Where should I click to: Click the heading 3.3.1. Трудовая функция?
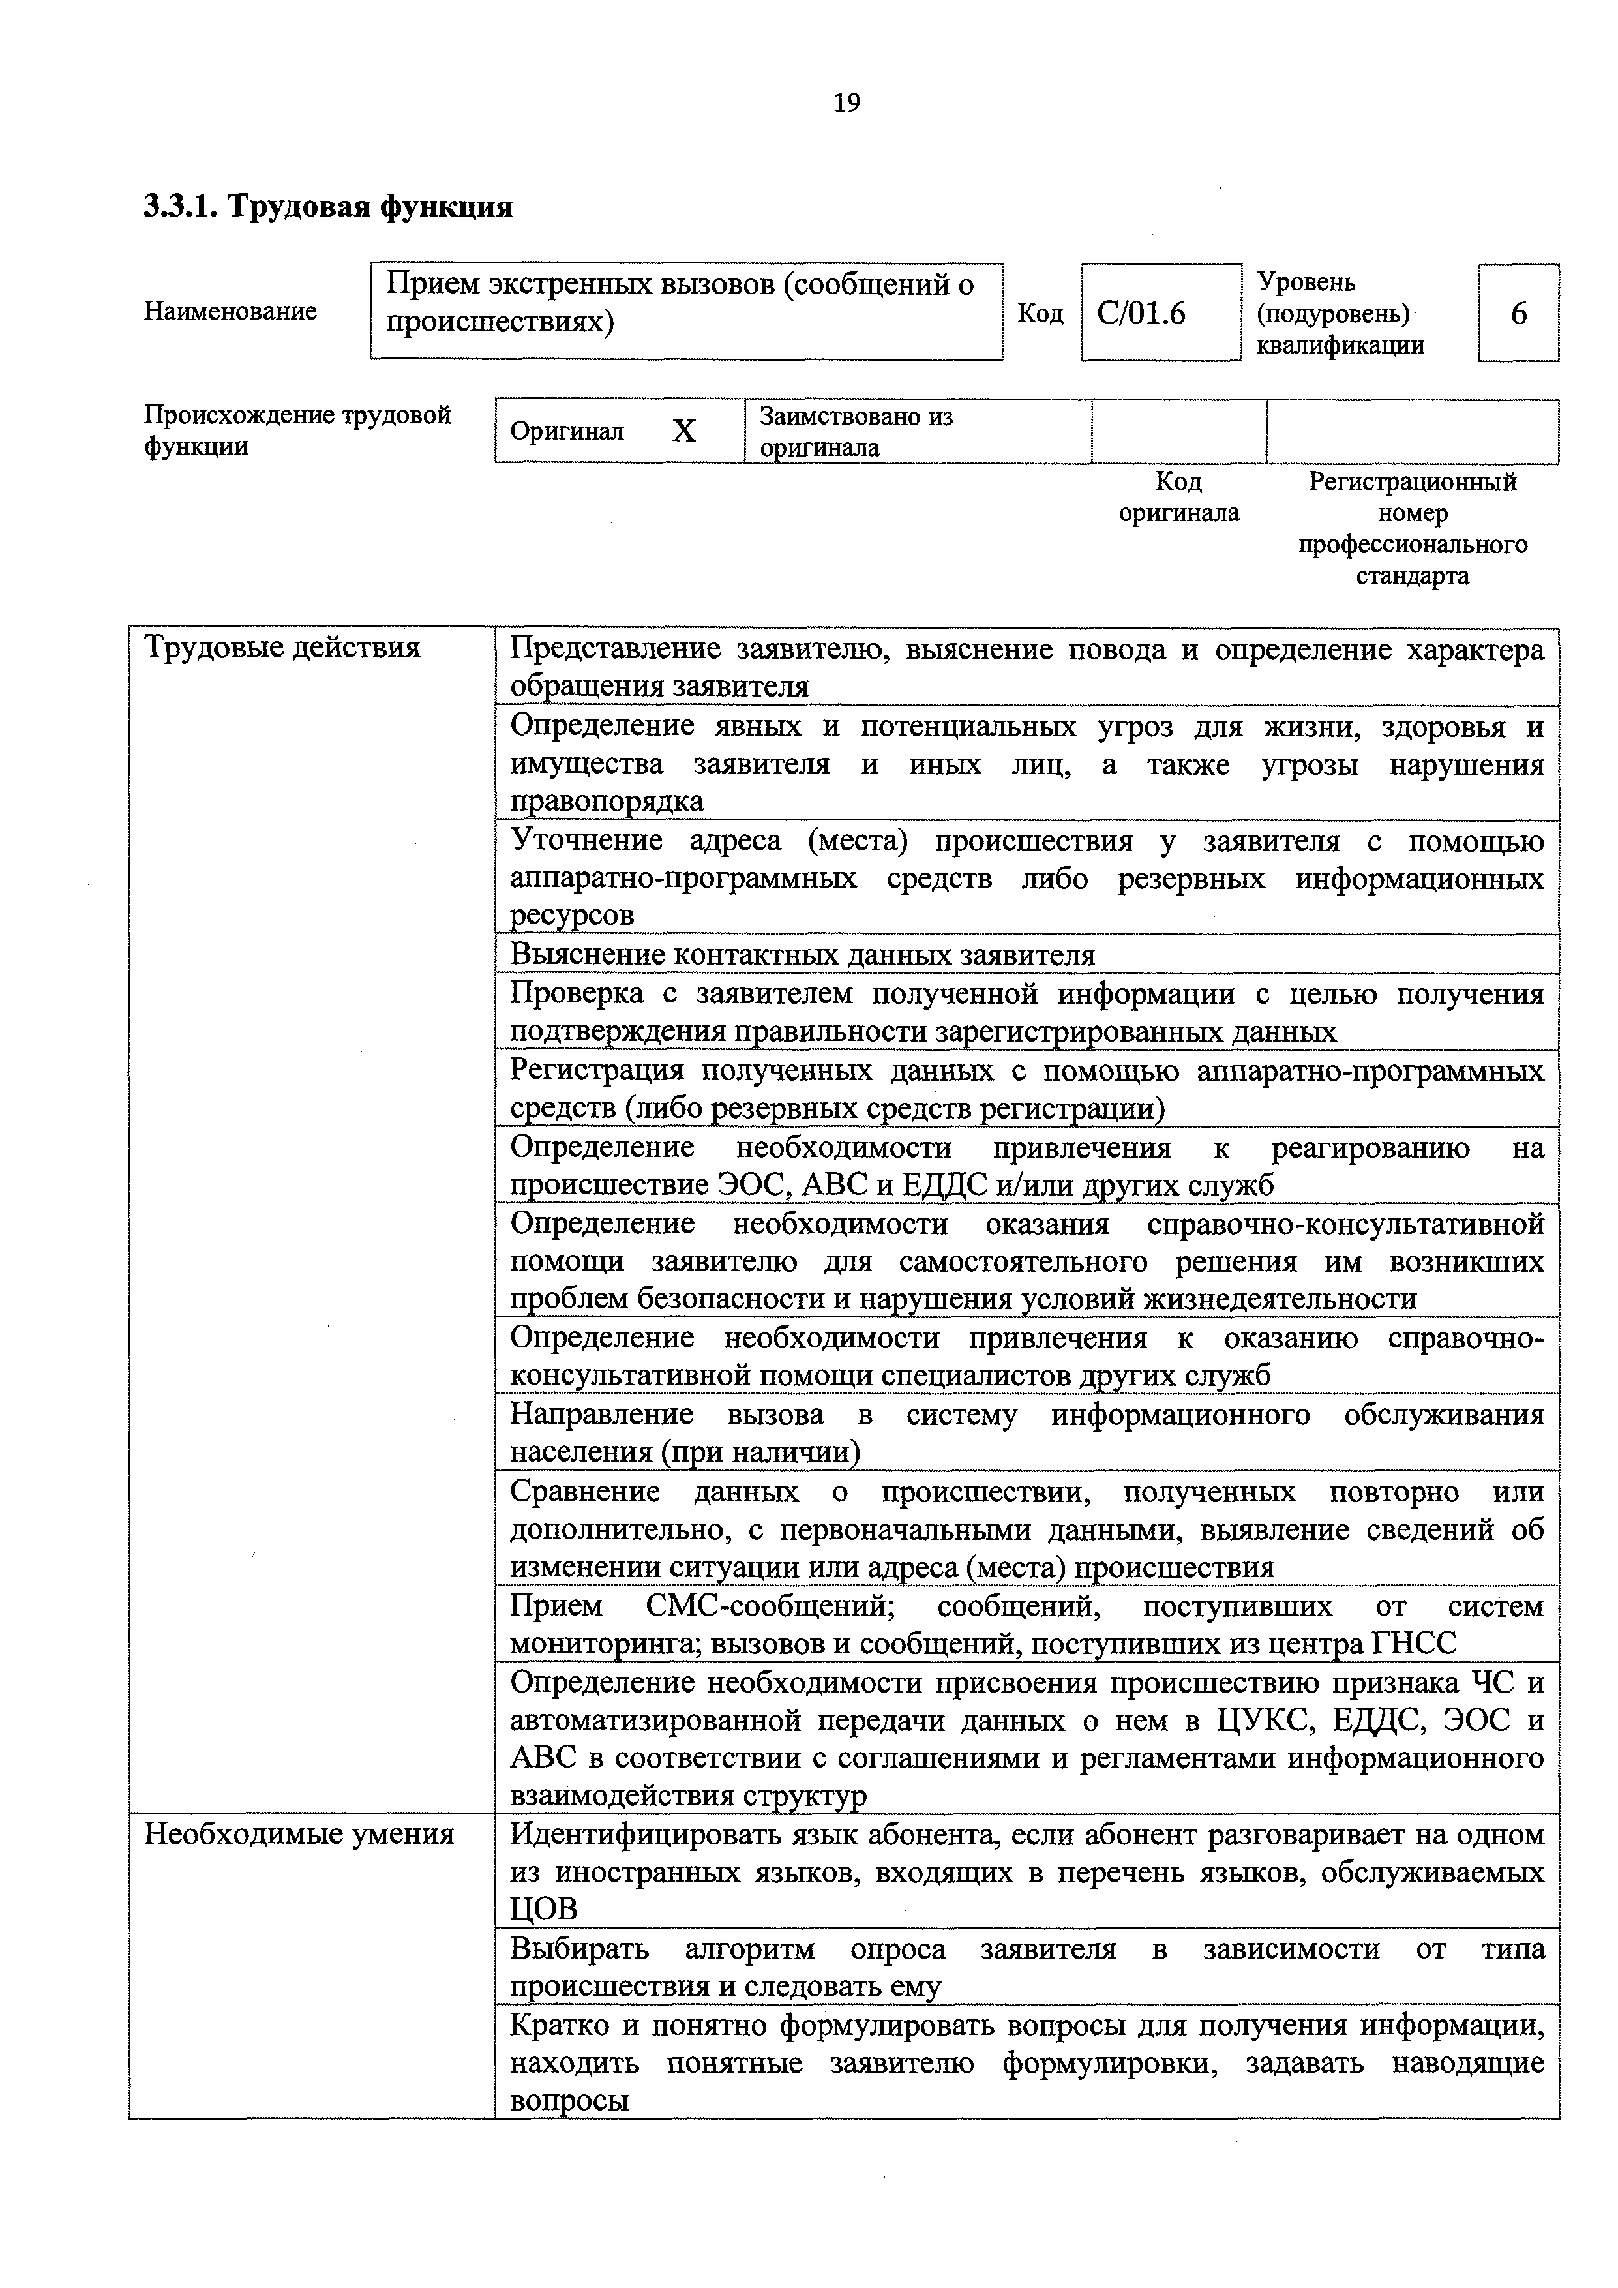[328, 207]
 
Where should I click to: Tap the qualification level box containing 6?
[1518, 314]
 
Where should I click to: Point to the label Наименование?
[230, 311]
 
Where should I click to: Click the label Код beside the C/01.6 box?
[1040, 314]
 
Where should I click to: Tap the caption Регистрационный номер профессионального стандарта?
[1412, 528]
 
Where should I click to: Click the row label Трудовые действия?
[283, 649]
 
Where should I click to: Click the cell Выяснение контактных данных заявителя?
[802, 955]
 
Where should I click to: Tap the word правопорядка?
[607, 801]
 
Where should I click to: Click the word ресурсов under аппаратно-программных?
[572, 916]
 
